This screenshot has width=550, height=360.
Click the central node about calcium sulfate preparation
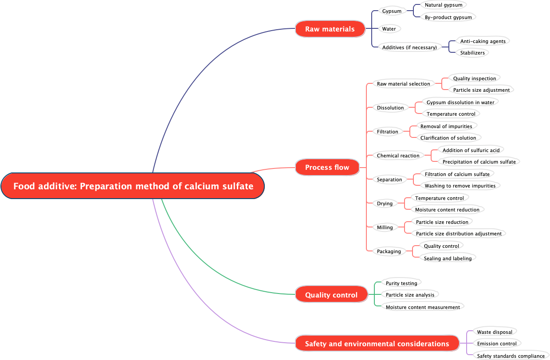[133, 186]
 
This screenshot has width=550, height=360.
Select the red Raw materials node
[330, 29]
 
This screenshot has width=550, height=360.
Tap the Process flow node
[327, 167]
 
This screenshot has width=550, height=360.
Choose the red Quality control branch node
[331, 295]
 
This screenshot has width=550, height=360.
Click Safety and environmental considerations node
[377, 344]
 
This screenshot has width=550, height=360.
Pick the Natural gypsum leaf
[443, 5]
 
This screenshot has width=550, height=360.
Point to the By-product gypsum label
[448, 17]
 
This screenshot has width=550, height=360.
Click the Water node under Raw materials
[389, 29]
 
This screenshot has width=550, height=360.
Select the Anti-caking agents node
[483, 41]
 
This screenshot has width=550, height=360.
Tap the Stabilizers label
[472, 53]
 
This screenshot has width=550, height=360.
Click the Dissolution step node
[390, 108]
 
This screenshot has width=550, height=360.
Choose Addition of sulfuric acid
[471, 150]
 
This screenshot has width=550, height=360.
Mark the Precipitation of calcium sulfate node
[479, 162]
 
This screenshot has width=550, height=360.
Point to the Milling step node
[385, 227]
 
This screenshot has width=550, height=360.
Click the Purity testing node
[401, 283]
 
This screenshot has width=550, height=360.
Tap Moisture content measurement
[423, 307]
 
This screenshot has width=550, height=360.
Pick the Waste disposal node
[494, 332]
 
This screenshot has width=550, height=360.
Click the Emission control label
[496, 344]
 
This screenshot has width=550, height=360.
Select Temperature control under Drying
[439, 198]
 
